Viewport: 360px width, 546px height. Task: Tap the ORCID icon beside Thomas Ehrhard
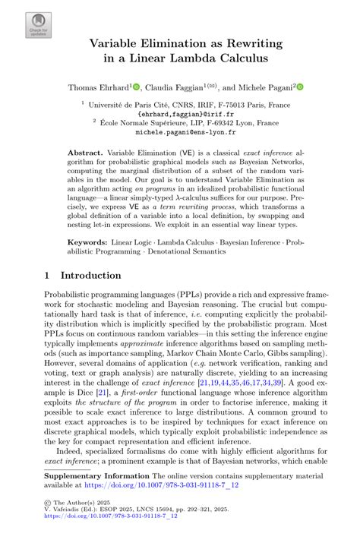[x=136, y=87]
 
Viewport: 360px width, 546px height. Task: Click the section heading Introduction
[x=90, y=275]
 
